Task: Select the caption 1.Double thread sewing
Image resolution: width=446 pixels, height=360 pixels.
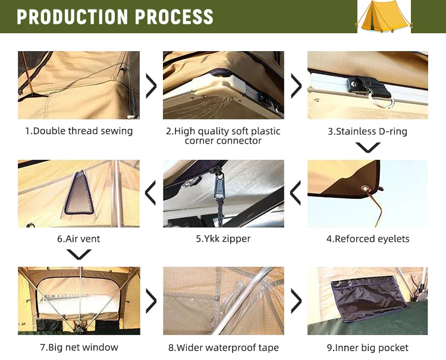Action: [x=78, y=131]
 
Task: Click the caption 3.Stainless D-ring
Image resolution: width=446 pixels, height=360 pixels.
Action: [x=368, y=131]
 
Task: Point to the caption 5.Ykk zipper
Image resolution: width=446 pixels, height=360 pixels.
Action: [x=223, y=239]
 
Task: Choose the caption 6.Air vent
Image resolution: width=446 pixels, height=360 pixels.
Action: [x=78, y=239]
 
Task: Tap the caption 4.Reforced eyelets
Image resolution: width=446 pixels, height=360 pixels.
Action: [x=368, y=239]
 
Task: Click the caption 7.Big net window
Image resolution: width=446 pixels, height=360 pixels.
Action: [x=78, y=347]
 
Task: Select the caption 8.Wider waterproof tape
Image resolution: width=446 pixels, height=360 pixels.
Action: [x=223, y=348]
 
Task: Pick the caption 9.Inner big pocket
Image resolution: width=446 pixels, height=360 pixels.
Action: [x=368, y=348]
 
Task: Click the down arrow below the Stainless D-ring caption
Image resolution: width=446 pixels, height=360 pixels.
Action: [x=368, y=147]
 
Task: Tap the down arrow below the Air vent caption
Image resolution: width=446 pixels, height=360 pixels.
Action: [x=78, y=254]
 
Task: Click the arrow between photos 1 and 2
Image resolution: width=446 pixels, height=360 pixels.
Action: [x=151, y=86]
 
